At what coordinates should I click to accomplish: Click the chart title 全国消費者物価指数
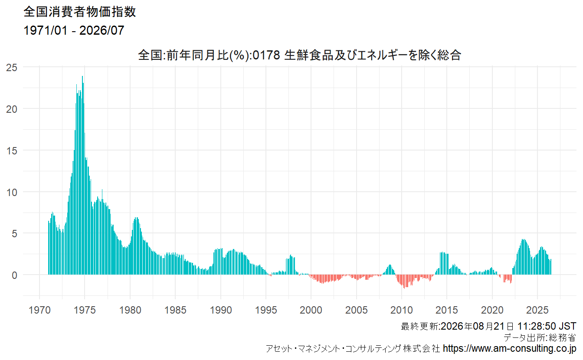click(x=80, y=12)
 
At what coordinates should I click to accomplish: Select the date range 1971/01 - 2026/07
click(x=74, y=30)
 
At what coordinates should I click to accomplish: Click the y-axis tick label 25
click(x=12, y=68)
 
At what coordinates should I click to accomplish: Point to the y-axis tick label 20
click(x=12, y=109)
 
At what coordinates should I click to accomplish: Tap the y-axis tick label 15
click(x=12, y=151)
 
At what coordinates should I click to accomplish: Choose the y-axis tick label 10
click(x=12, y=193)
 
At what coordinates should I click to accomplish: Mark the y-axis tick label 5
click(x=15, y=233)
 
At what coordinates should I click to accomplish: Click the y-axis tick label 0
click(x=15, y=275)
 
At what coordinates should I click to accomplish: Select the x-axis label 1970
click(x=39, y=310)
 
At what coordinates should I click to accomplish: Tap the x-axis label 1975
click(x=85, y=310)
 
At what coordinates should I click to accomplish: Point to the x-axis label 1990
click(x=221, y=310)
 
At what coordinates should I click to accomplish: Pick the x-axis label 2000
click(x=311, y=310)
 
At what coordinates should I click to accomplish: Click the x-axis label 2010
click(x=402, y=310)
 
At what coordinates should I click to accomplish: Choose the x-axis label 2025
click(x=537, y=310)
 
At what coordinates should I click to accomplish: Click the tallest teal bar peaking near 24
click(x=82, y=175)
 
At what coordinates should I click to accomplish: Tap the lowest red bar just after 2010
click(x=404, y=281)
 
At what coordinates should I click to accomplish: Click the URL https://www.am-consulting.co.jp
click(x=510, y=348)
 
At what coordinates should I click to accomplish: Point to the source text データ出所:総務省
click(x=540, y=337)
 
